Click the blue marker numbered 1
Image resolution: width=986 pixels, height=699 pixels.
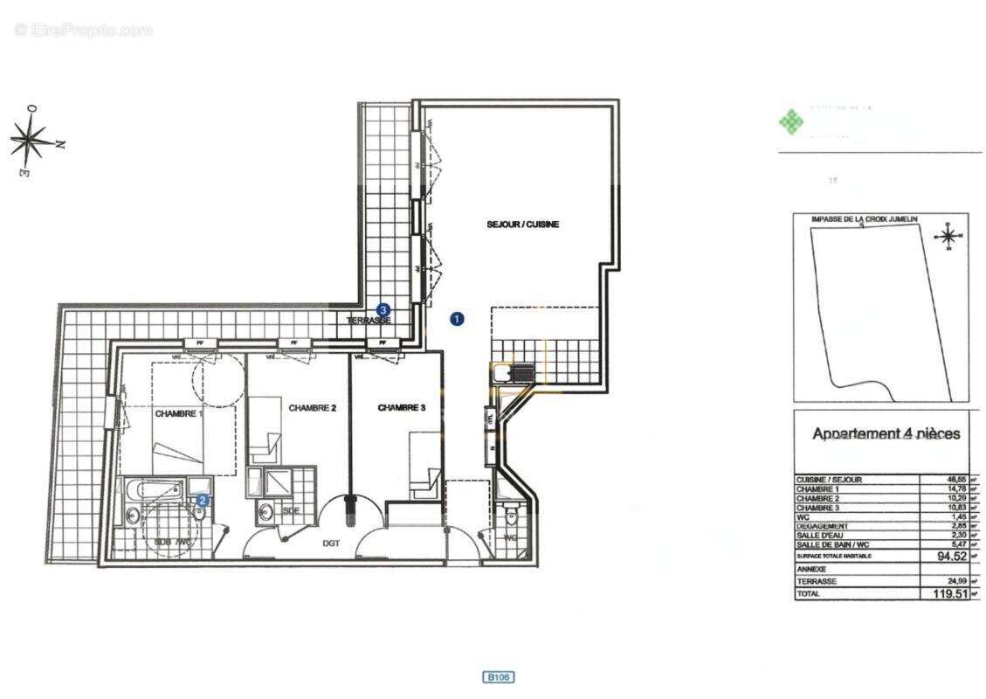click(x=456, y=319)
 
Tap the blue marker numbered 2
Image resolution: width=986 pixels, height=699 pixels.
click(x=202, y=501)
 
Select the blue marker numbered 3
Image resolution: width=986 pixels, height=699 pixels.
click(x=383, y=309)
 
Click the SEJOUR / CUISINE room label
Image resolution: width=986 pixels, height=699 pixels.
click(x=522, y=225)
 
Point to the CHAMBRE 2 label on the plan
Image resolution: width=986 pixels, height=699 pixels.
click(x=312, y=407)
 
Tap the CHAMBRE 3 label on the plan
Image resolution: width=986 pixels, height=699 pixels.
click(x=402, y=407)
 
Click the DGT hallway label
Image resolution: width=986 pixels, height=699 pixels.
click(x=331, y=543)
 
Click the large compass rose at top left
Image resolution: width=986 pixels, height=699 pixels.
click(x=31, y=140)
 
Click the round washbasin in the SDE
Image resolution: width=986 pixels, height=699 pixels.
click(x=265, y=510)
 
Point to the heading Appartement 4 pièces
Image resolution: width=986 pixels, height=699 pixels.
click(x=886, y=433)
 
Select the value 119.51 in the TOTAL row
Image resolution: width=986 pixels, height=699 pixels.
click(x=948, y=593)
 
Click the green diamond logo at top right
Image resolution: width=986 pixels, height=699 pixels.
click(x=790, y=122)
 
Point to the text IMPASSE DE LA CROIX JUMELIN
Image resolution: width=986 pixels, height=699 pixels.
click(x=861, y=219)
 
